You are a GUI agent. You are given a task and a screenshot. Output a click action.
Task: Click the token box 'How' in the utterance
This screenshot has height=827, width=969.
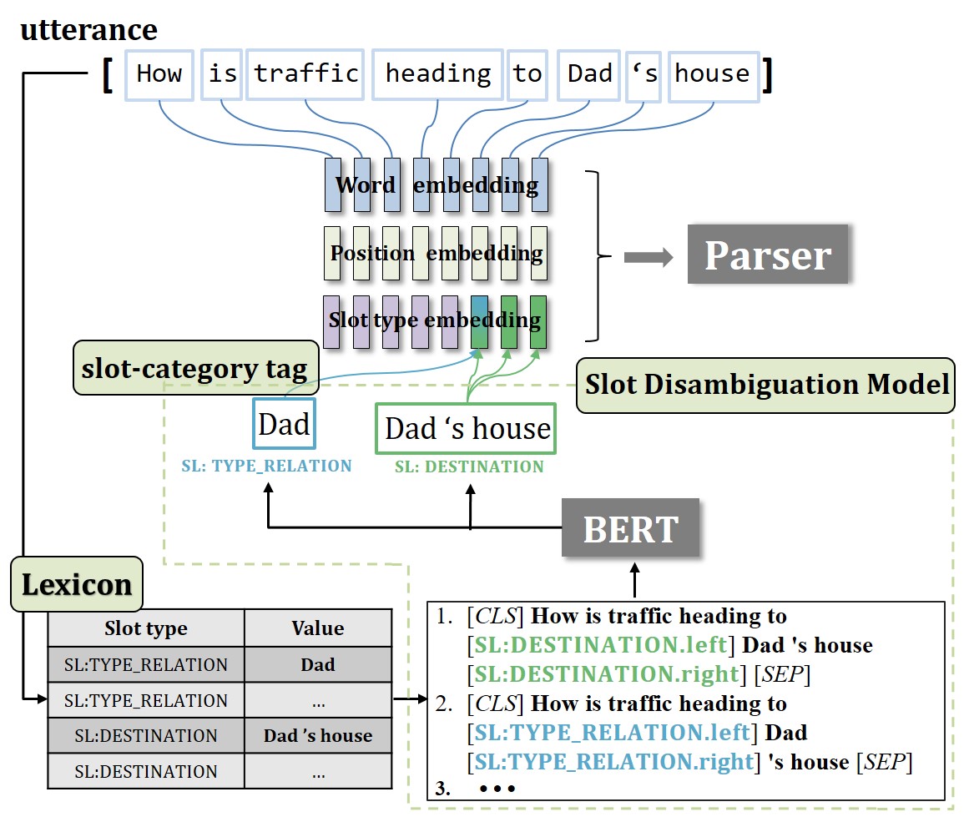click(x=159, y=75)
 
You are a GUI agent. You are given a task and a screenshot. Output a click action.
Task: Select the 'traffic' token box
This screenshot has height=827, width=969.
click(x=306, y=75)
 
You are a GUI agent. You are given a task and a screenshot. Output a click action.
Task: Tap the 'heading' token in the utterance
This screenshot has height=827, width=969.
click(x=437, y=75)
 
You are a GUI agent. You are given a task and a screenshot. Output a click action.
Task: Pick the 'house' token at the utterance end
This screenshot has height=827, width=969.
click(x=712, y=75)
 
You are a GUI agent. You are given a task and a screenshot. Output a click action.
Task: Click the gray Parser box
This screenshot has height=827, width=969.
click(x=767, y=255)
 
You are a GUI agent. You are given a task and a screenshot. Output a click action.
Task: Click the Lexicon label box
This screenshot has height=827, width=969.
click(x=77, y=584)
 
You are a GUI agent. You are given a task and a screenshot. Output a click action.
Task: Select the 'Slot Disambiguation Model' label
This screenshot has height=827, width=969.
click(x=765, y=385)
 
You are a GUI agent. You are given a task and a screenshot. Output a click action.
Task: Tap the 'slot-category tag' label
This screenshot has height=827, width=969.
click(x=194, y=367)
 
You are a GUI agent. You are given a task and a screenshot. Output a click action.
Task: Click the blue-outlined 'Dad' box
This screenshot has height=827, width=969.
click(x=285, y=425)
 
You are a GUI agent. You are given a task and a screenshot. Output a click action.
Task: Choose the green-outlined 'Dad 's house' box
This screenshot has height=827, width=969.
click(x=467, y=429)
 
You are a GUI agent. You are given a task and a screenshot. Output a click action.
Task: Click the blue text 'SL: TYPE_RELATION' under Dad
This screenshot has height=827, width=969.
click(x=266, y=466)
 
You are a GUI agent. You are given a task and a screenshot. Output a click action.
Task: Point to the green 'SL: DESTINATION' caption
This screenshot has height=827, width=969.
click(x=469, y=466)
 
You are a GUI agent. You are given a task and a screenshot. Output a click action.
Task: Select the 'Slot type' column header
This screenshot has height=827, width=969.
click(x=146, y=628)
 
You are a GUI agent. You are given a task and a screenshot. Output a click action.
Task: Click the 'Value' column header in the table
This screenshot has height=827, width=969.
click(x=318, y=628)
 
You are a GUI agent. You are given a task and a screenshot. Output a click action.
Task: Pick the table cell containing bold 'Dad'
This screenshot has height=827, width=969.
click(x=318, y=665)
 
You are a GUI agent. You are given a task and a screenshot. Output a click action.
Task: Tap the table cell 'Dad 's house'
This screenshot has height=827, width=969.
click(x=318, y=736)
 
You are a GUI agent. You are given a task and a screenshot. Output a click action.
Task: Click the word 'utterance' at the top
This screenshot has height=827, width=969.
click(x=88, y=30)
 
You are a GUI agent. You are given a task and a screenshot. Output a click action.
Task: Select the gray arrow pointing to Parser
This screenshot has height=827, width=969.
click(x=648, y=258)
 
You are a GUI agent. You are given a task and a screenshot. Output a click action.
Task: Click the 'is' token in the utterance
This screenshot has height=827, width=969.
click(x=223, y=75)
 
